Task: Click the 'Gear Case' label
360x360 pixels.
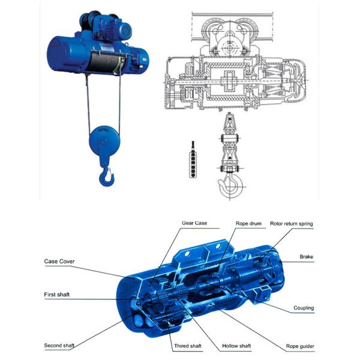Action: pyautogui.click(x=194, y=223)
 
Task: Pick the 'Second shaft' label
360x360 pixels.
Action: pyautogui.click(x=61, y=346)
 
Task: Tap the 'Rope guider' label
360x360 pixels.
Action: pyautogui.click(x=300, y=346)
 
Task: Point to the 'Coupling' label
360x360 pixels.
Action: pyautogui.click(x=304, y=308)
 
